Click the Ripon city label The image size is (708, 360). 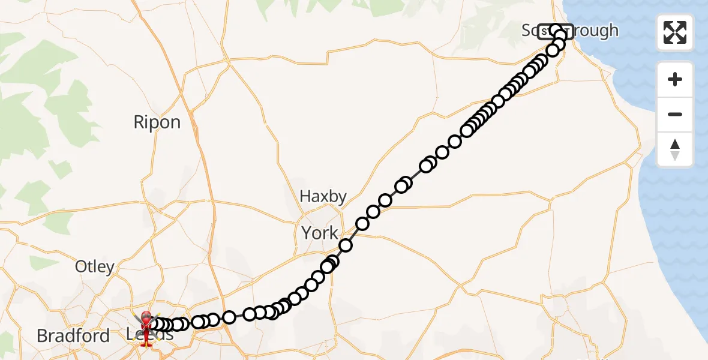(157, 122)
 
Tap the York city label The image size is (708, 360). (320, 233)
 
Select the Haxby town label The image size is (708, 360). (323, 196)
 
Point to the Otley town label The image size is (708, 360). (95, 266)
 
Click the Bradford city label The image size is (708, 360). (73, 335)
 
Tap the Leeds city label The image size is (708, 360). (150, 335)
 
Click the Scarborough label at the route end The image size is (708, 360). (569, 31)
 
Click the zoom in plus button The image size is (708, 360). (675, 80)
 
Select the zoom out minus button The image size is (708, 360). (675, 114)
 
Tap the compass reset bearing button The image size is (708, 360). (675, 149)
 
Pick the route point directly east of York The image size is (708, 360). (346, 245)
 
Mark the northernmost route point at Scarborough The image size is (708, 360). (555, 30)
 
